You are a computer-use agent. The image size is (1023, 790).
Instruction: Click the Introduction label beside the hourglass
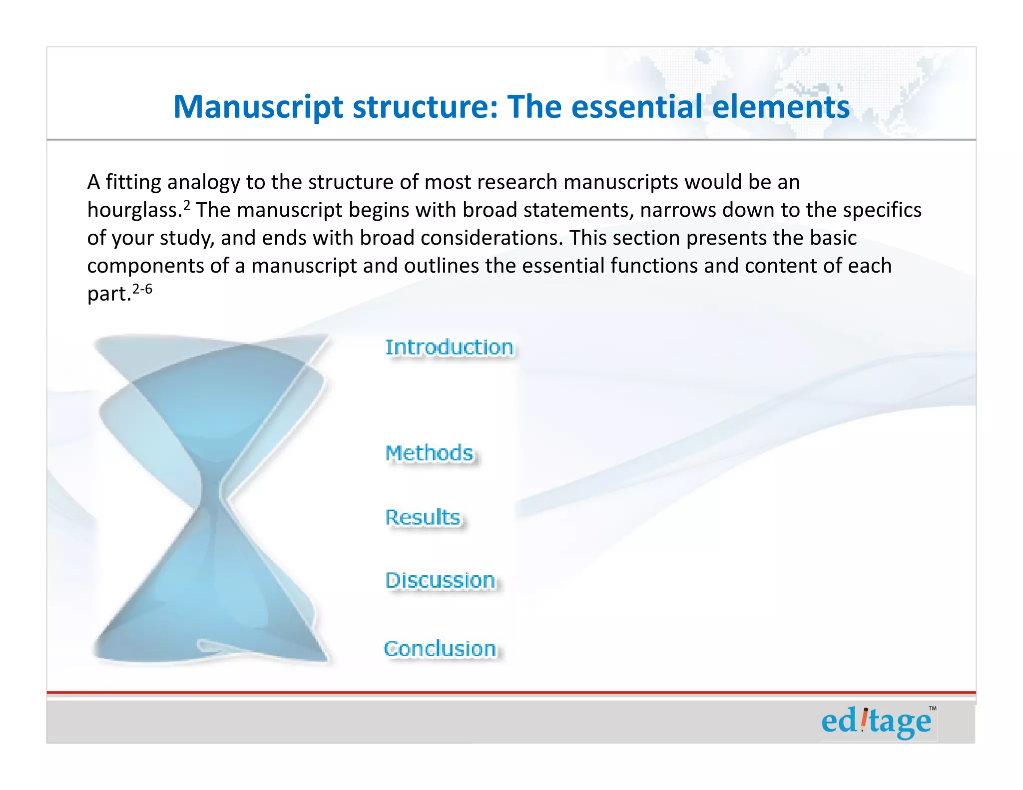pyautogui.click(x=449, y=348)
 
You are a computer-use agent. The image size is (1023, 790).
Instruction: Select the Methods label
pyautogui.click(x=430, y=453)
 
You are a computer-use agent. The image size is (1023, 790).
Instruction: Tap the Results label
pyautogui.click(x=423, y=517)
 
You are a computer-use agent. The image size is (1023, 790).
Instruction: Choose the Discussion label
pyautogui.click(x=441, y=581)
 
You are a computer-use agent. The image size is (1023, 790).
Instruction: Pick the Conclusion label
pyautogui.click(x=440, y=649)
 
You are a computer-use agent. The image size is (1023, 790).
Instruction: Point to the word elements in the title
pyautogui.click(x=780, y=107)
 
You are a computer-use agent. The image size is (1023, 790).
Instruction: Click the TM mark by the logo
pyautogui.click(x=932, y=709)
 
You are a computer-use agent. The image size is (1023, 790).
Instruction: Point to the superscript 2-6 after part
pyautogui.click(x=142, y=289)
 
